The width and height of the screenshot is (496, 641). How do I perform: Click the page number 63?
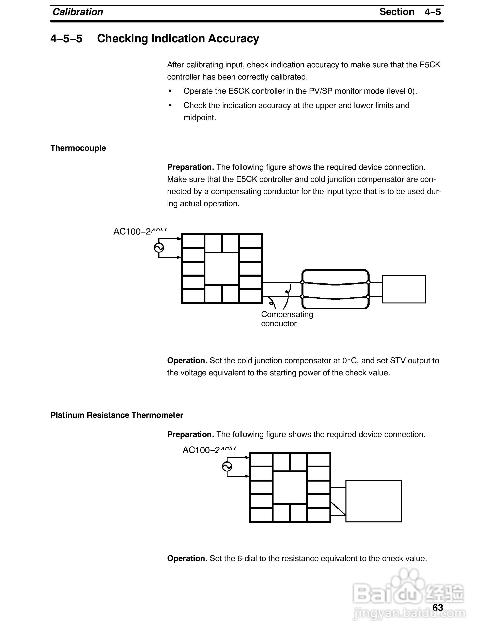coord(437,607)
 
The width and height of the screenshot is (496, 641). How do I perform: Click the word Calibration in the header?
coord(78,12)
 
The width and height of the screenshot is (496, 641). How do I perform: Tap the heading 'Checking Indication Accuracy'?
coord(178,38)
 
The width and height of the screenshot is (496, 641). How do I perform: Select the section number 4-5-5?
coord(66,38)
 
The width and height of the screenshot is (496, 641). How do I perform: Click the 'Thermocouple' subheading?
coord(78,148)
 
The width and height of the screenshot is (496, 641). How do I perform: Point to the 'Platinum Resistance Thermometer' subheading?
coord(117,415)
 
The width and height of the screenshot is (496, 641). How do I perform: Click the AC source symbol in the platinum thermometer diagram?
coord(227,466)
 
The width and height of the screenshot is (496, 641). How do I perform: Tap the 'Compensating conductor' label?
coord(287,319)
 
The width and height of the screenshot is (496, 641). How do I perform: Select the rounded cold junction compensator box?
coord(335,289)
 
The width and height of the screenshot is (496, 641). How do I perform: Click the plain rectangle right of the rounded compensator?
coord(403,289)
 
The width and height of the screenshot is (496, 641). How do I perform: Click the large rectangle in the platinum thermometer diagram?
coord(373,501)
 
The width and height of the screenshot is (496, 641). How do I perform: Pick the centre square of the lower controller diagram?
coord(290,487)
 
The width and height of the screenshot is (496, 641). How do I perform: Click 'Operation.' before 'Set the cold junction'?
coord(187,360)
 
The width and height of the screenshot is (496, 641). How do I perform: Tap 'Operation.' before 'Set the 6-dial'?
coord(187,558)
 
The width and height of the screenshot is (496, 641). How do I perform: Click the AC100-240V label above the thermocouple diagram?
coord(140,231)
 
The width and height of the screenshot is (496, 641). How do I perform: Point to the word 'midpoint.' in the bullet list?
coord(200,118)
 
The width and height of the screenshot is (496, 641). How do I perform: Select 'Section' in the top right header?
coord(397,12)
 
